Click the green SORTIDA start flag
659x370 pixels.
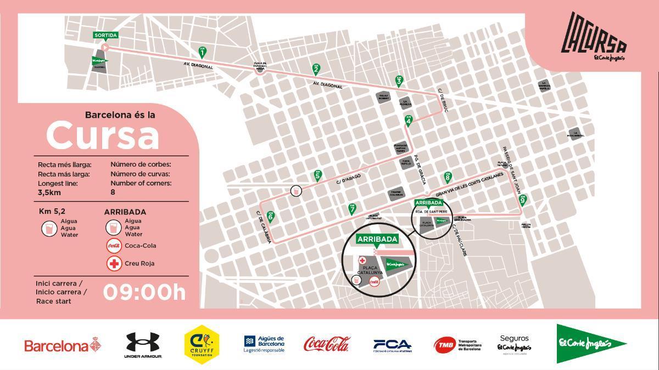(x=105, y=36)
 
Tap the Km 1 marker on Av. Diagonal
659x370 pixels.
(x=203, y=52)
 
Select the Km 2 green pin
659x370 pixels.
(x=316, y=69)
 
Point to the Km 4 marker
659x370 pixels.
(x=409, y=120)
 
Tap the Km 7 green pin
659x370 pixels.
(x=352, y=208)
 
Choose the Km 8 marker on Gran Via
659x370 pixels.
(x=448, y=177)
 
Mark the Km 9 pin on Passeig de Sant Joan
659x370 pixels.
(x=522, y=200)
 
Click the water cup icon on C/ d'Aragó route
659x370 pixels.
(x=296, y=191)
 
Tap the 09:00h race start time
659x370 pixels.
(x=144, y=292)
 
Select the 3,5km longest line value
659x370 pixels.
(x=49, y=193)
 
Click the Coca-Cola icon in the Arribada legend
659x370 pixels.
(x=114, y=246)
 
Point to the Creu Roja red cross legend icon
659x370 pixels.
(x=114, y=264)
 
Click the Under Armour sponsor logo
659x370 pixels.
(x=143, y=345)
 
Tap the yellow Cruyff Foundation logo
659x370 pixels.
(x=202, y=344)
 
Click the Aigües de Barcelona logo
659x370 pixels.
(x=264, y=344)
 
